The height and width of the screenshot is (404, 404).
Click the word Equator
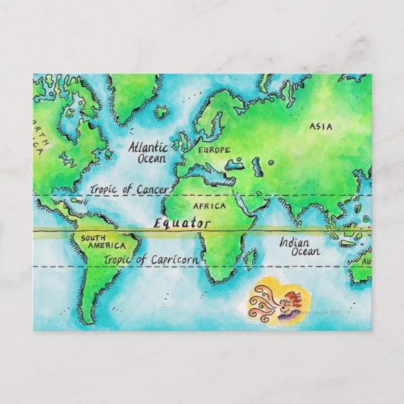pos(183,223)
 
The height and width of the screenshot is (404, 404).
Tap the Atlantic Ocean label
pos(148,153)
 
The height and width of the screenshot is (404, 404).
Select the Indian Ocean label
pos(299,246)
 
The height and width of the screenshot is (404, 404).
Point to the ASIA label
pos(321,127)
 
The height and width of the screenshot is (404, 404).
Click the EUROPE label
pos(215,151)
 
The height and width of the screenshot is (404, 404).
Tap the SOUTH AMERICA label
pos(100,242)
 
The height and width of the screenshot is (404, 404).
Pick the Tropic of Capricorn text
pos(152,259)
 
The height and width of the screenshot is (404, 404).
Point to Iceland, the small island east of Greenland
pos(162,114)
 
